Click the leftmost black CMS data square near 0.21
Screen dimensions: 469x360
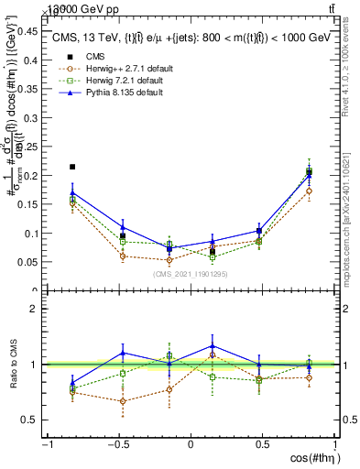(x=72, y=167)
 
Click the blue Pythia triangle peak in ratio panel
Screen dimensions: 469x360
(x=213, y=346)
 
